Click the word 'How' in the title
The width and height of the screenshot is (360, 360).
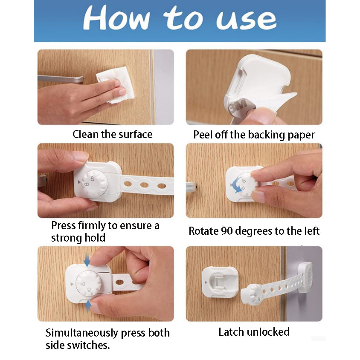click(117, 17)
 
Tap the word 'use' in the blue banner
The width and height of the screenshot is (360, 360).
click(246, 20)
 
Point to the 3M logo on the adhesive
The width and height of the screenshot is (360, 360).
click(238, 106)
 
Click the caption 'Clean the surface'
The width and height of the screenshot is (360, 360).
click(113, 134)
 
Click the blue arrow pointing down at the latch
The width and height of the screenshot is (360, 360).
click(87, 260)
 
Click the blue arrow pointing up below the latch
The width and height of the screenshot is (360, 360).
click(88, 306)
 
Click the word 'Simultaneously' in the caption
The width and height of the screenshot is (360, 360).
click(81, 333)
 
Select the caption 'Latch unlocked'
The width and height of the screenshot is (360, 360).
click(254, 332)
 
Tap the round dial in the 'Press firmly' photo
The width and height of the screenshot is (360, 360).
click(95, 183)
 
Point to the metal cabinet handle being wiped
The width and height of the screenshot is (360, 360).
click(61, 79)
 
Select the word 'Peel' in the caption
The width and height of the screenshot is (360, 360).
click(203, 135)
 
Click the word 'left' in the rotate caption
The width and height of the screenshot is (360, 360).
click(312, 231)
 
